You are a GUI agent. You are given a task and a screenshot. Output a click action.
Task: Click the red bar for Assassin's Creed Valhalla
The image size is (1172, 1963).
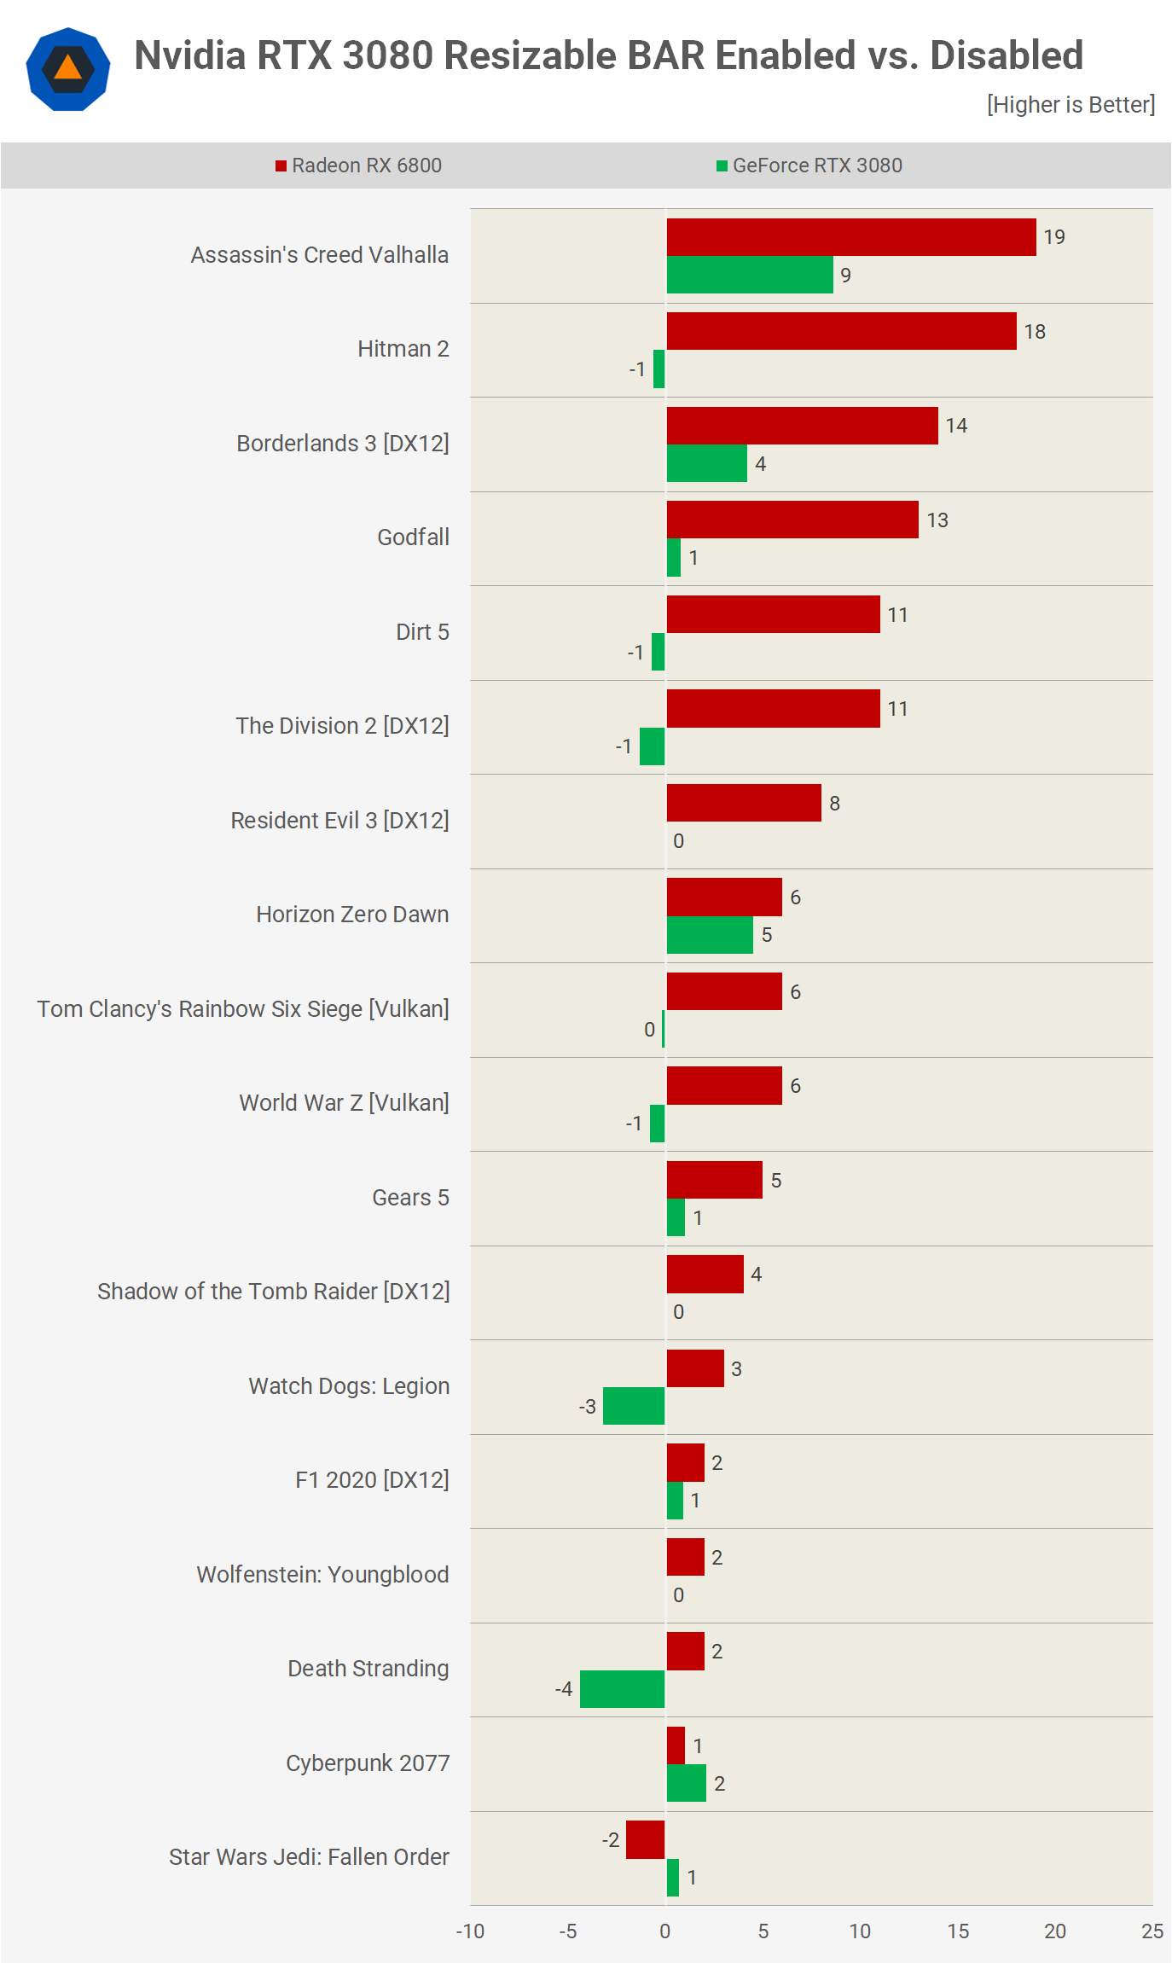click(x=850, y=237)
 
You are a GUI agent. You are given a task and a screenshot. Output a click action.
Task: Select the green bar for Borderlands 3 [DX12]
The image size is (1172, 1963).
click(x=706, y=463)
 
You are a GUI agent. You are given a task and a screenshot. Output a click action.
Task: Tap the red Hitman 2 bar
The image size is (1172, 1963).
click(x=841, y=331)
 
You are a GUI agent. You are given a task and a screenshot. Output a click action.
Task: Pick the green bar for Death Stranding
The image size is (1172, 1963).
click(x=622, y=1689)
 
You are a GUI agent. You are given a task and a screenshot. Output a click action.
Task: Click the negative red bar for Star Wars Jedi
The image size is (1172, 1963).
click(x=645, y=1839)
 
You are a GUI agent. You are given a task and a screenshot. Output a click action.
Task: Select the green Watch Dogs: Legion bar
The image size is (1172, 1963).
click(x=634, y=1406)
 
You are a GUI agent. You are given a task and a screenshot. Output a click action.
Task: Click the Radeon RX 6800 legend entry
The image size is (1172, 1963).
click(x=359, y=166)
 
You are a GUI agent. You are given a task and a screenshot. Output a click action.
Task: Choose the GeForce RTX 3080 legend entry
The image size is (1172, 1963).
click(x=809, y=166)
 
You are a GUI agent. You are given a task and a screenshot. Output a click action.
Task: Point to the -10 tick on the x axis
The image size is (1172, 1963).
click(x=470, y=1931)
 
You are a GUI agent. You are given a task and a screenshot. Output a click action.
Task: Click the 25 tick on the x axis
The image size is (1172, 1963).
click(x=1152, y=1931)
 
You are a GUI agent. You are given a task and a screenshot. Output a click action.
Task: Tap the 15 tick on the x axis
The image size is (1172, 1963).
click(x=958, y=1931)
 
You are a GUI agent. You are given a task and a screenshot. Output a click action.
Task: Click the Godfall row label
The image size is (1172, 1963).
click(x=413, y=537)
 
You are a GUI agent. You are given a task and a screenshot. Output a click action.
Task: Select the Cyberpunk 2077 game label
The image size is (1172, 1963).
click(x=368, y=1763)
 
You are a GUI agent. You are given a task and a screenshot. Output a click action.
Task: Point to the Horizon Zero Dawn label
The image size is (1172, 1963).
click(x=352, y=915)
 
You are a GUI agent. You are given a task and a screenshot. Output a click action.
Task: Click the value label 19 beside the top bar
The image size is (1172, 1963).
click(x=1054, y=237)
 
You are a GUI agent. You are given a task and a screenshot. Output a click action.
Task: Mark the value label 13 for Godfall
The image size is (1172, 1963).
click(x=937, y=520)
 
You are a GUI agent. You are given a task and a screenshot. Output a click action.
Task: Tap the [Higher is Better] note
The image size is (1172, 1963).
click(x=1070, y=105)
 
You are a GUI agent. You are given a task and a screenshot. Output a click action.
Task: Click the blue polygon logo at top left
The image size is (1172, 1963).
click(x=68, y=69)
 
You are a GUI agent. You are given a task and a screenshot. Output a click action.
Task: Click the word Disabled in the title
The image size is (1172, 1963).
click(x=1007, y=55)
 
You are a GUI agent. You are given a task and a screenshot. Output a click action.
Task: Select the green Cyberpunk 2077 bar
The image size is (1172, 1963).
click(x=686, y=1783)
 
